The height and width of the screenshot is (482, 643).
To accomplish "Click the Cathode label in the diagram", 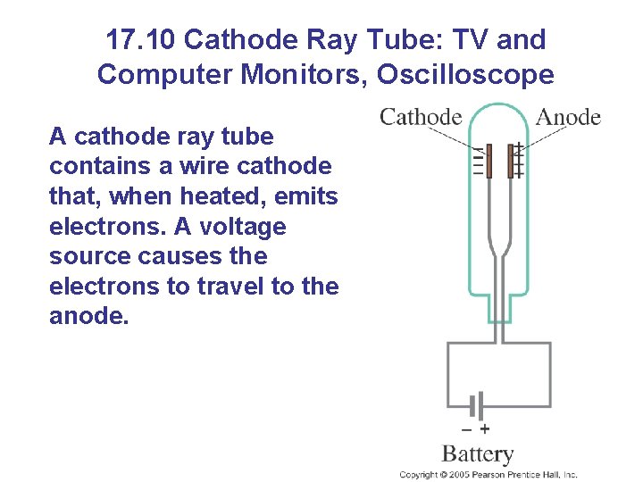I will click(x=421, y=117).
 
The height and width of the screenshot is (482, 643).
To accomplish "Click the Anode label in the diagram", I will click(x=568, y=117).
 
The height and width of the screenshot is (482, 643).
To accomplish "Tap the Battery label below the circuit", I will click(x=478, y=454).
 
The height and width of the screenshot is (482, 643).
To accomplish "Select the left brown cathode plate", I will click(x=489, y=162).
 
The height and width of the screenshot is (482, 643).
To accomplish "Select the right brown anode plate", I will click(x=512, y=162).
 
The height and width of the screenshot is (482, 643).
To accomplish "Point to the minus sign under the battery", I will click(x=468, y=428).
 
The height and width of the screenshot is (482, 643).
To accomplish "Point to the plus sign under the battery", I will click(x=485, y=428).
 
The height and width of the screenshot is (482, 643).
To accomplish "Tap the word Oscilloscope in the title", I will click(x=465, y=75).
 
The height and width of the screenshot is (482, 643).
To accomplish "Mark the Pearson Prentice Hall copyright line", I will click(x=489, y=475).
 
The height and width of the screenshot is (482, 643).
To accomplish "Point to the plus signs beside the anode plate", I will click(x=519, y=162).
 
